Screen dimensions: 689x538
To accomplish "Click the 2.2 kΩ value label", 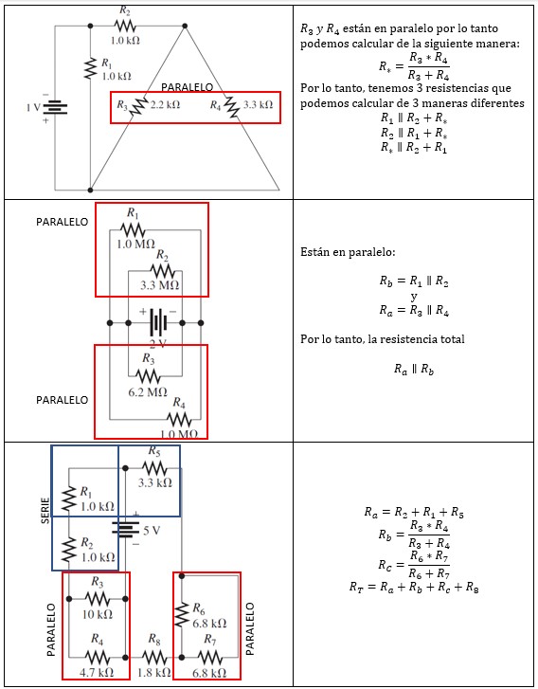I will point(165,104).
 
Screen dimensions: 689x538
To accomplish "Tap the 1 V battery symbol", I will point(56,107).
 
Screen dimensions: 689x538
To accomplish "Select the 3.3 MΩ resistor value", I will point(159,284).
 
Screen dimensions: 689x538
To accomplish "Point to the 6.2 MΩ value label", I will point(147,390).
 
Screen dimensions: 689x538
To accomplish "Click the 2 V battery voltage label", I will point(158,343).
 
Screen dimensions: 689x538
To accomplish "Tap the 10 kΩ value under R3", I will point(98,614).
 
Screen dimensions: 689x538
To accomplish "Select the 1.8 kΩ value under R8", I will point(153,672).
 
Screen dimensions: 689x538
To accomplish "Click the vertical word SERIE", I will point(45,508).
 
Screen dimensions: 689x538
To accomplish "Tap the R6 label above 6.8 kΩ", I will point(198,607).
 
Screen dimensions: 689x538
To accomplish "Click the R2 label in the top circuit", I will point(126,10).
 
